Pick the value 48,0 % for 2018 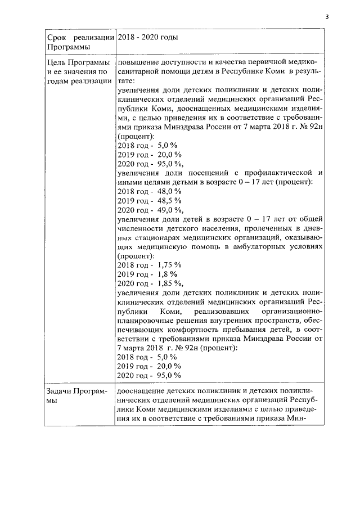tap(168, 191)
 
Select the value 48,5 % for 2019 tap(168, 200)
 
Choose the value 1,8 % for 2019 tap(166, 273)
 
